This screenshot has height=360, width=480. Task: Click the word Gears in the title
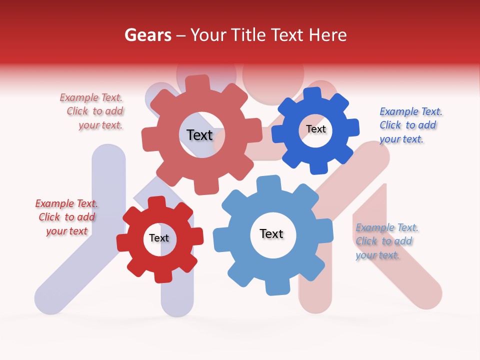point(147,35)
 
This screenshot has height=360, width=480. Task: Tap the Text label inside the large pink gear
point(199,135)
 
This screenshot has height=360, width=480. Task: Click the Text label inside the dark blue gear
point(315,129)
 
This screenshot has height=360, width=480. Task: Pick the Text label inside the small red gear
point(159,238)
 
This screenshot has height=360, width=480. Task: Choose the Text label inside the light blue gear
point(271,233)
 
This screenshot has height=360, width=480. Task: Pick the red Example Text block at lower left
point(66,217)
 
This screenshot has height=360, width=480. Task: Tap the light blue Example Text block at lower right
point(385,241)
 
